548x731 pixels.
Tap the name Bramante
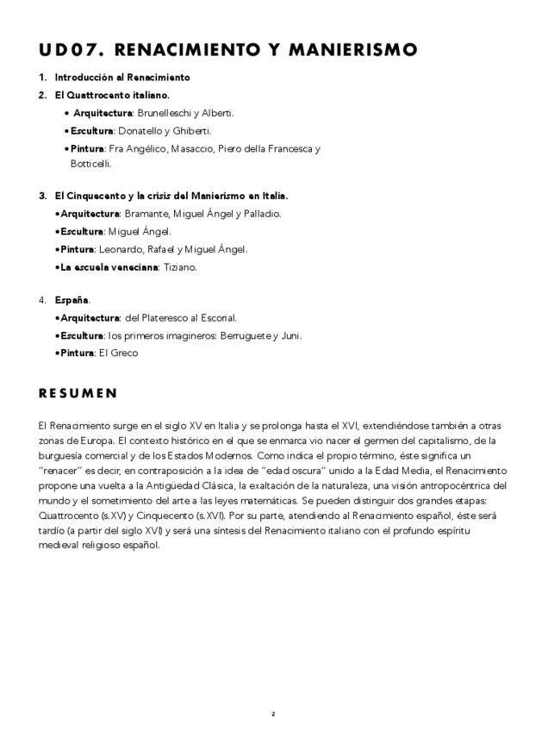coord(144,213)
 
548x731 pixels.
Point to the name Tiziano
coord(181,267)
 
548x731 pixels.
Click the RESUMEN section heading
coord(78,394)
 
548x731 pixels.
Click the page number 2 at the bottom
coord(273,714)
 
